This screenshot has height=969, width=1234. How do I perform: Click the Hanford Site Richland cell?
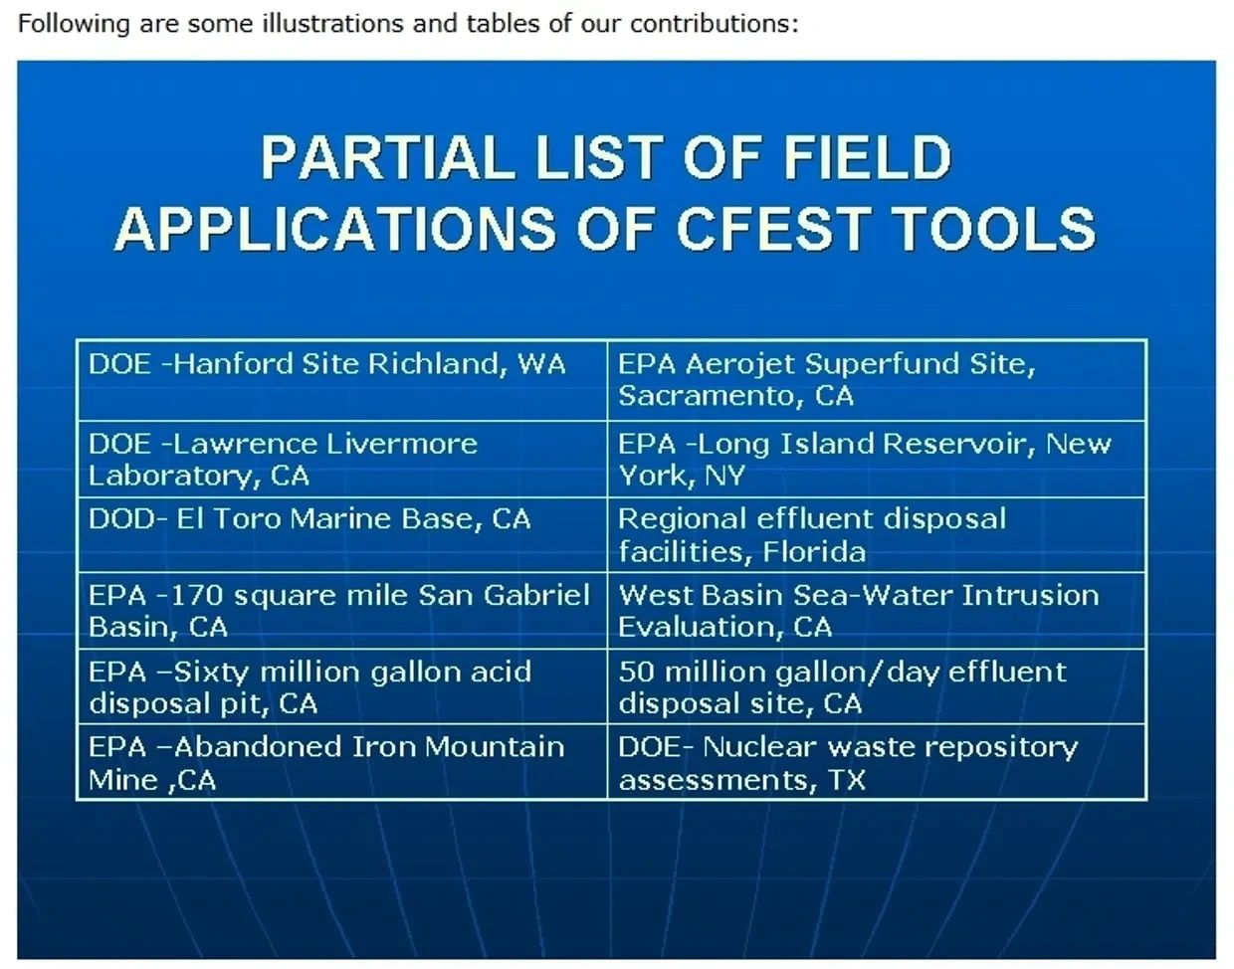click(x=342, y=380)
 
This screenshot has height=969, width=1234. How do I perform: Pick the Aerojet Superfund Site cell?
click(x=876, y=380)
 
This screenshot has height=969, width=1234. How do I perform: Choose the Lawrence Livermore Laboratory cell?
click(x=342, y=460)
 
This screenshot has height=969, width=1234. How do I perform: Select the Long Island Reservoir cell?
click(x=876, y=460)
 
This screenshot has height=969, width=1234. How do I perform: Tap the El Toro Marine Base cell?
click(x=342, y=534)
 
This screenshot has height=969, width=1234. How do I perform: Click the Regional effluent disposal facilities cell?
click(x=876, y=534)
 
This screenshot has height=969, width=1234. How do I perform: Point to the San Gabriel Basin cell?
click(x=342, y=611)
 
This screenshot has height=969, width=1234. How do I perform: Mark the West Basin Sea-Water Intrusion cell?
click(x=876, y=611)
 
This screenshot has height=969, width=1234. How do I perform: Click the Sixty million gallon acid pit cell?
click(x=342, y=686)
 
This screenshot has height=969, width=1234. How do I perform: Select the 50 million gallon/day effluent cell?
click(x=876, y=686)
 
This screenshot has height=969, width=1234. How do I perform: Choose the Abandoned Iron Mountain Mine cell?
click(x=342, y=762)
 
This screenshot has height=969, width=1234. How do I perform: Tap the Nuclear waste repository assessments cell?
click(x=876, y=762)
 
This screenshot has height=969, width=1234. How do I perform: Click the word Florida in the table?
click(x=814, y=551)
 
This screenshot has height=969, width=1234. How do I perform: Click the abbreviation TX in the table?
click(x=847, y=780)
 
